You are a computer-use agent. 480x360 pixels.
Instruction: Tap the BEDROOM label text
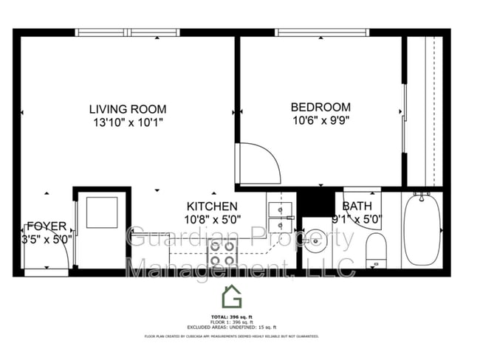point(320,106)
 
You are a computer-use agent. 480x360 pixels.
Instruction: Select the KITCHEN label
point(212,207)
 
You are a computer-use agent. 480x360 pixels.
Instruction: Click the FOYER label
point(47,226)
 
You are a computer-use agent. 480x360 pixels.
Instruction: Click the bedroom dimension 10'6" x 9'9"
point(320,120)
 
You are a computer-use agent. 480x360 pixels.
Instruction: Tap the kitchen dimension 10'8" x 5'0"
point(212,219)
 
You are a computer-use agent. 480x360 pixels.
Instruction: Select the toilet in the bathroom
point(376,249)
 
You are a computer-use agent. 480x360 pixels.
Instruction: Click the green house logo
point(232,297)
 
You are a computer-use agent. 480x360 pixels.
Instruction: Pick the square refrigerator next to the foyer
point(97,212)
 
